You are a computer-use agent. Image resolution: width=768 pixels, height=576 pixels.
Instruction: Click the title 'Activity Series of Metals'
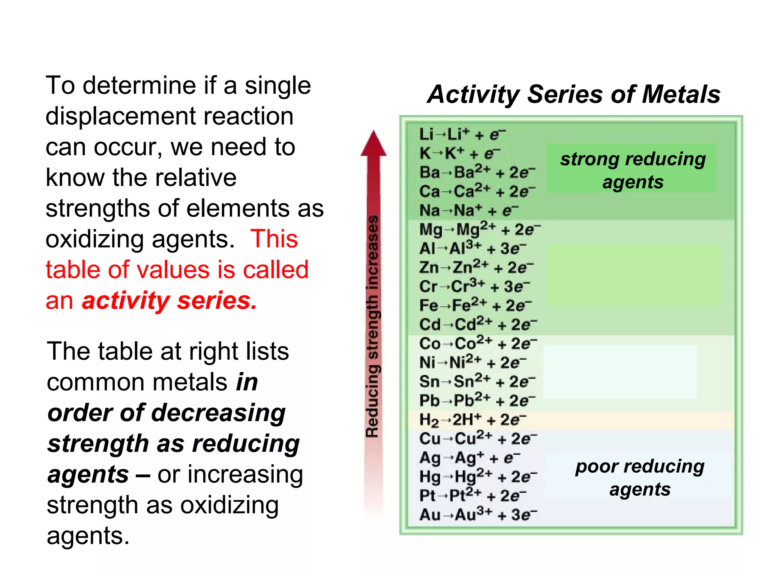coord(574,94)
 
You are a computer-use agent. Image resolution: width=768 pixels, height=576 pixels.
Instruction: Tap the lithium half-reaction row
coord(462,134)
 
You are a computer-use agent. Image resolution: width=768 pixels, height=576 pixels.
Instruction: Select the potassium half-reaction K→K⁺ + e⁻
coord(460,153)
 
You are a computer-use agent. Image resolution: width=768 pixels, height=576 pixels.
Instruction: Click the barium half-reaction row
coord(477,172)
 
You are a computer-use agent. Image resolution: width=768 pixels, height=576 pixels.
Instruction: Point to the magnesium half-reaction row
coord(480,229)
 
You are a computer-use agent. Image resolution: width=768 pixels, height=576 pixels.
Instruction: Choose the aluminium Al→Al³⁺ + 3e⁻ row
coord(472,248)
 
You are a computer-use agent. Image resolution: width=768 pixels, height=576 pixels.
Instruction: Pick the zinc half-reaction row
coord(476,267)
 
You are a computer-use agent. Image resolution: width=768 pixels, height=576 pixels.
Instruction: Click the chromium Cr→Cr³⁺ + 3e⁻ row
coord(474,286)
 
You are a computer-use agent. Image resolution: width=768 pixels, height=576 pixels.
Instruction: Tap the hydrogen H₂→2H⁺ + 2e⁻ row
coord(472,420)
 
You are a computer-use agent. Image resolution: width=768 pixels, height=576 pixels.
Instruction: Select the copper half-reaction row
coord(478,438)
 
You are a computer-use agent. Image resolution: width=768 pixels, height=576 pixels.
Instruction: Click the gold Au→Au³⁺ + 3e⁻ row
coord(478,514)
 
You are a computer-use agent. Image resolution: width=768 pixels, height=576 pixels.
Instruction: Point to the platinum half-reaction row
coord(472,496)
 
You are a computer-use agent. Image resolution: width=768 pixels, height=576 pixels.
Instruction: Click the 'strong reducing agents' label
coord(633,170)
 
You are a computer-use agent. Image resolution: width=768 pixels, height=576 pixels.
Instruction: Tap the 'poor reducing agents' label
coord(640,478)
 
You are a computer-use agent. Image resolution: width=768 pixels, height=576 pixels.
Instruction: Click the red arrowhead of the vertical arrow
coord(373,144)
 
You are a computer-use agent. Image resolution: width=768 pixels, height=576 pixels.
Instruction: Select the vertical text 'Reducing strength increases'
coord(373,326)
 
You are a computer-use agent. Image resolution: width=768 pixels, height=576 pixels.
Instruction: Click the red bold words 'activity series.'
coord(169,301)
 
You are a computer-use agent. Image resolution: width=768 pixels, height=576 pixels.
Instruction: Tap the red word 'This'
coord(274,239)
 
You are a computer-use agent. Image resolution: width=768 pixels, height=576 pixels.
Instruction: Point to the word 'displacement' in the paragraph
coord(169,116)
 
